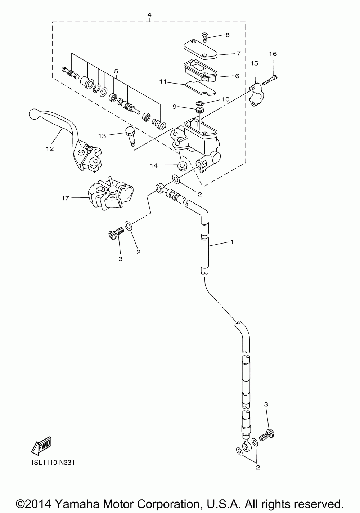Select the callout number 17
click(65, 198)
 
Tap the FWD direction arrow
click(41, 445)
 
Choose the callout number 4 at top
click(149, 15)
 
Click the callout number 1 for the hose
click(232, 241)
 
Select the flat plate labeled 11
click(200, 87)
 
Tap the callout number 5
click(116, 71)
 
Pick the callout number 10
click(225, 99)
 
